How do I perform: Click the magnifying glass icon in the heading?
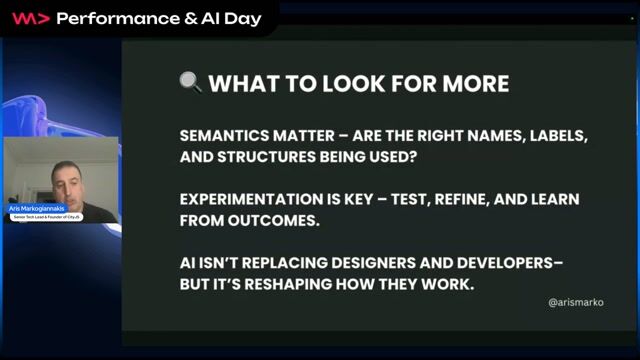pyautogui.click(x=191, y=83)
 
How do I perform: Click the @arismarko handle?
pyautogui.click(x=576, y=301)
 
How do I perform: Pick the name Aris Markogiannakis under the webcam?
pyautogui.click(x=35, y=209)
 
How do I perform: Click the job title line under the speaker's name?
pyautogui.click(x=45, y=216)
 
